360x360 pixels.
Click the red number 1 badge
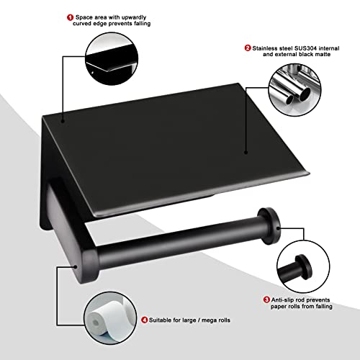91,17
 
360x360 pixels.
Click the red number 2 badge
248,48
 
